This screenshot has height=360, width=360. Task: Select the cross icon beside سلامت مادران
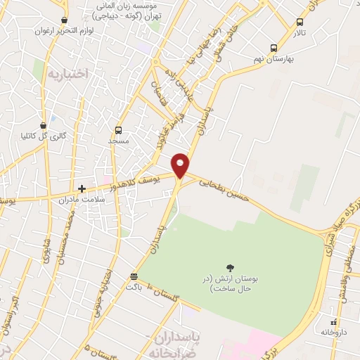pyautogui.click(x=82, y=188)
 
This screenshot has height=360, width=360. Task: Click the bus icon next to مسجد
pyautogui.click(x=118, y=130)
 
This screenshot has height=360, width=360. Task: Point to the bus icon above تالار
pyautogui.click(x=300, y=22)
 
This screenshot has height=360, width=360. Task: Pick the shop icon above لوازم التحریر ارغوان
pyautogui.click(x=65, y=20)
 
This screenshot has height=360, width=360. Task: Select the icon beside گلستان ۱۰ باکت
pyautogui.click(x=134, y=276)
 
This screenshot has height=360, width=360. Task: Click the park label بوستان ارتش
pyautogui.click(x=229, y=283)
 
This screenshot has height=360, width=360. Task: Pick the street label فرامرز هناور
pyautogui.click(x=174, y=127)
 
